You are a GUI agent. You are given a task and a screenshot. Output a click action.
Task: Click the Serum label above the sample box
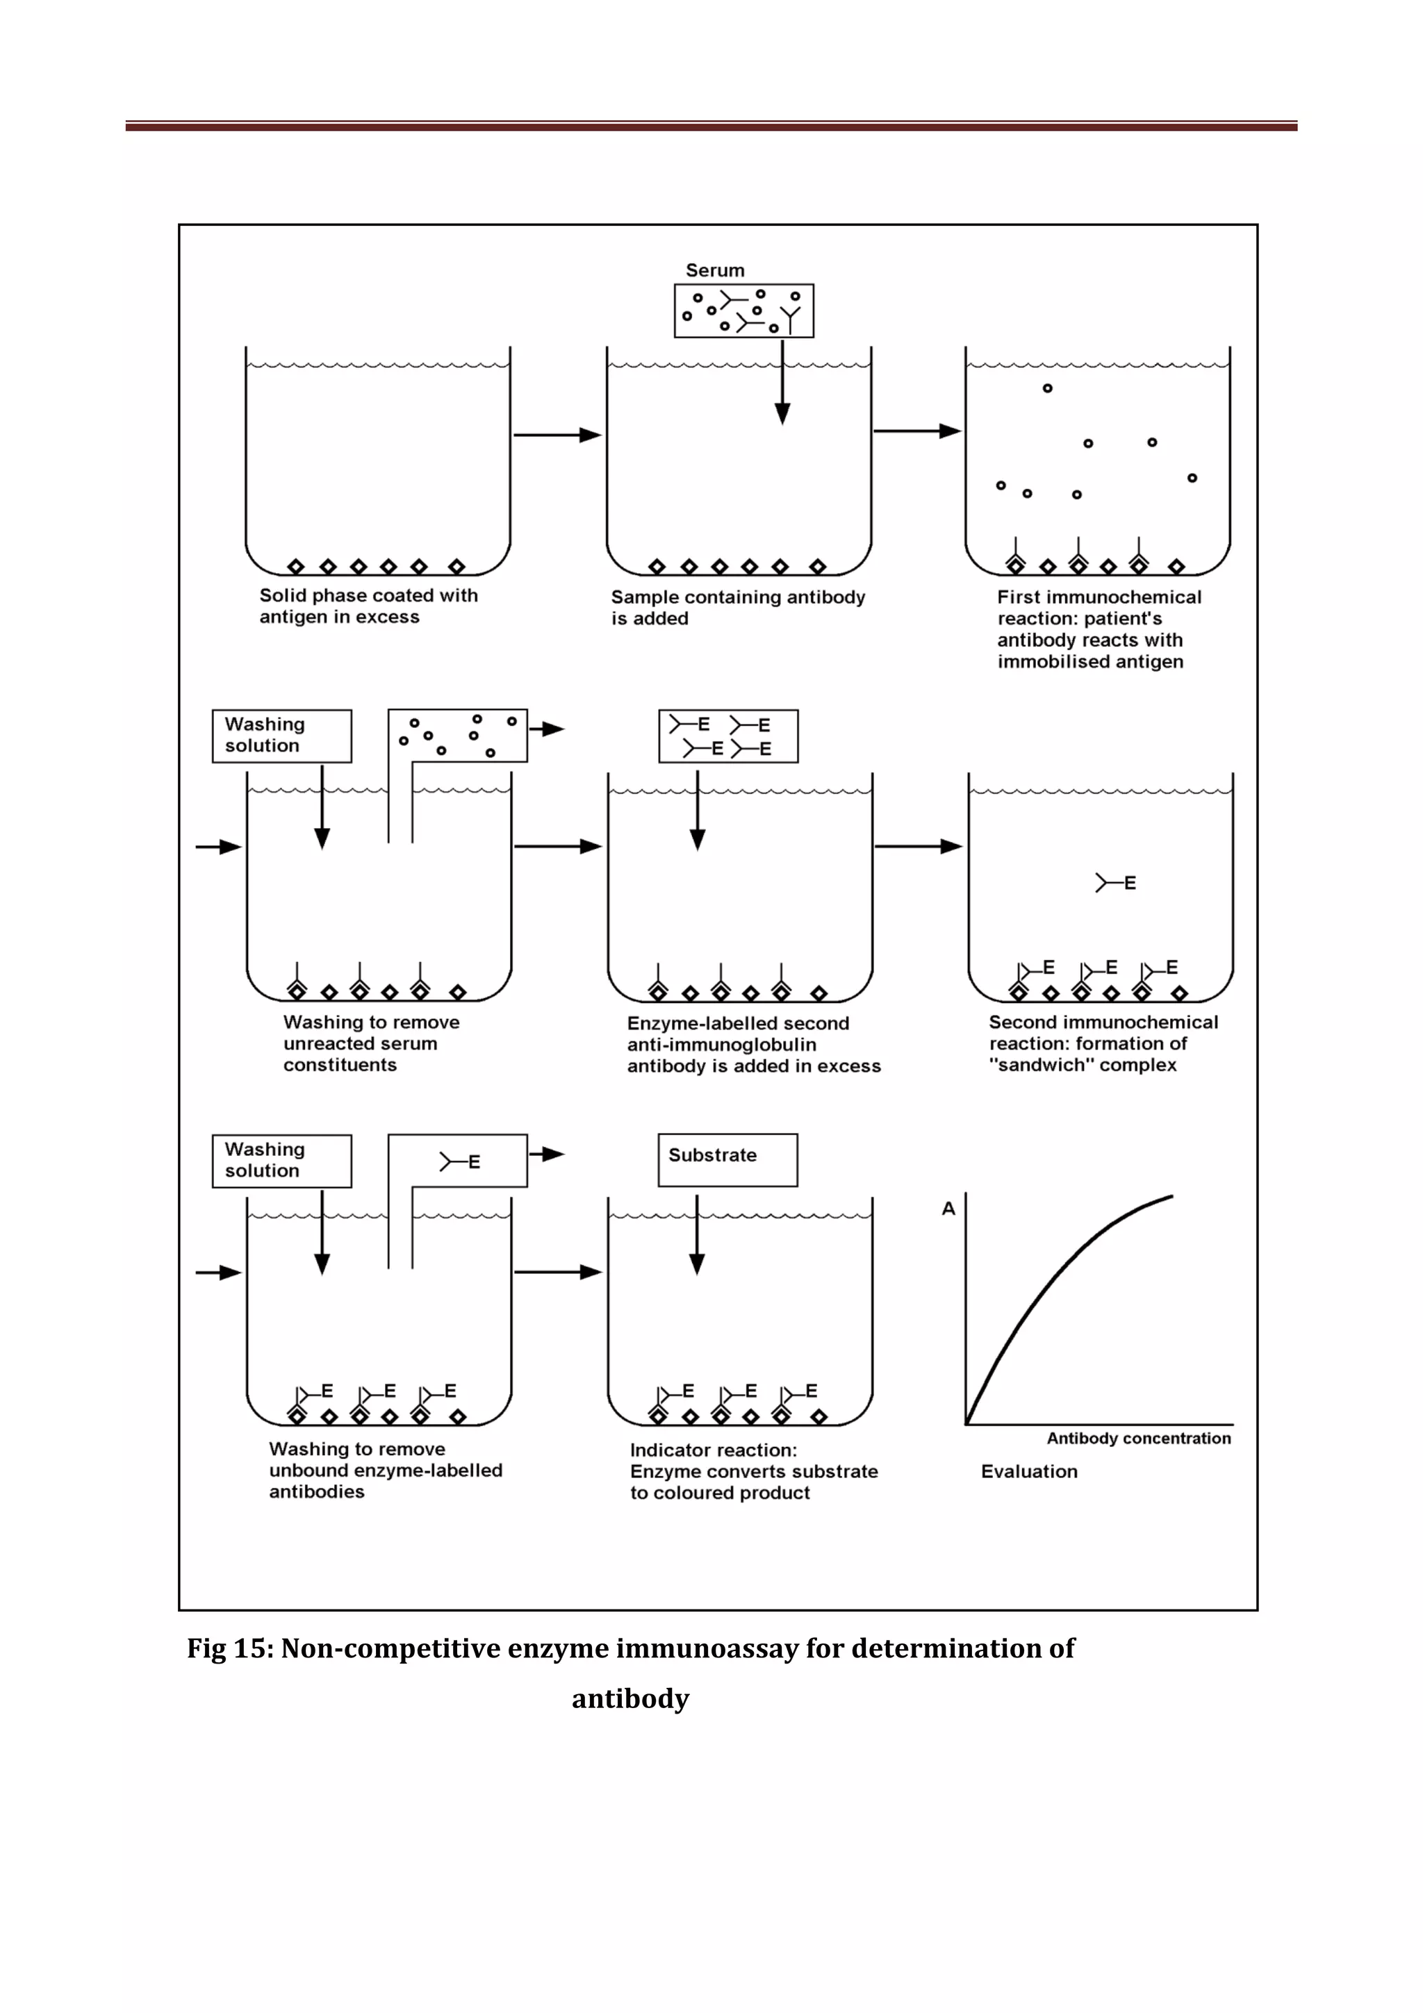point(714,271)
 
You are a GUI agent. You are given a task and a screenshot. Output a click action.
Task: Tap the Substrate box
point(727,1159)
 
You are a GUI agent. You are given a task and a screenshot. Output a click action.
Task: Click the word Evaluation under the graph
point(1028,1471)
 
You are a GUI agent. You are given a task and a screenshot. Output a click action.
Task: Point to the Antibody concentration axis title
point(1138,1438)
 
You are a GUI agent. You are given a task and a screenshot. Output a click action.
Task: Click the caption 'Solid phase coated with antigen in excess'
point(368,606)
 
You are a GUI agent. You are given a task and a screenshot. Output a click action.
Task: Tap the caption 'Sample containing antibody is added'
point(737,608)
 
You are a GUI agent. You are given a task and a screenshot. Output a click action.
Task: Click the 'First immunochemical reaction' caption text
point(1099,629)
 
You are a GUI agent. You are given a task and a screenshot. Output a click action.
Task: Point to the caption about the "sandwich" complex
point(1103,1043)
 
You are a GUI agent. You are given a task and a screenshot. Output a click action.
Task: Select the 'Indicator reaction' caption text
point(753,1471)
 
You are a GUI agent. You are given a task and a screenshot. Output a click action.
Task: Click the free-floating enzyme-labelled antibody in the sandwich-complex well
point(1115,883)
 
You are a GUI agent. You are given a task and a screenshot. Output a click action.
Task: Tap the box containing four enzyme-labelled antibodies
point(727,736)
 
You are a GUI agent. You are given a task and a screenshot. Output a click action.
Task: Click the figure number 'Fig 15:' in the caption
point(230,1648)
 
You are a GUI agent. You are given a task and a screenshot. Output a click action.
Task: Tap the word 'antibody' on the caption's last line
point(630,1698)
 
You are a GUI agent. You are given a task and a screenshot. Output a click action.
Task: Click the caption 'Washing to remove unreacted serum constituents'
point(371,1043)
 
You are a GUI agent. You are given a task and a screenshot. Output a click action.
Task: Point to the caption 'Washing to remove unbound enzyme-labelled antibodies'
point(385,1471)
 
